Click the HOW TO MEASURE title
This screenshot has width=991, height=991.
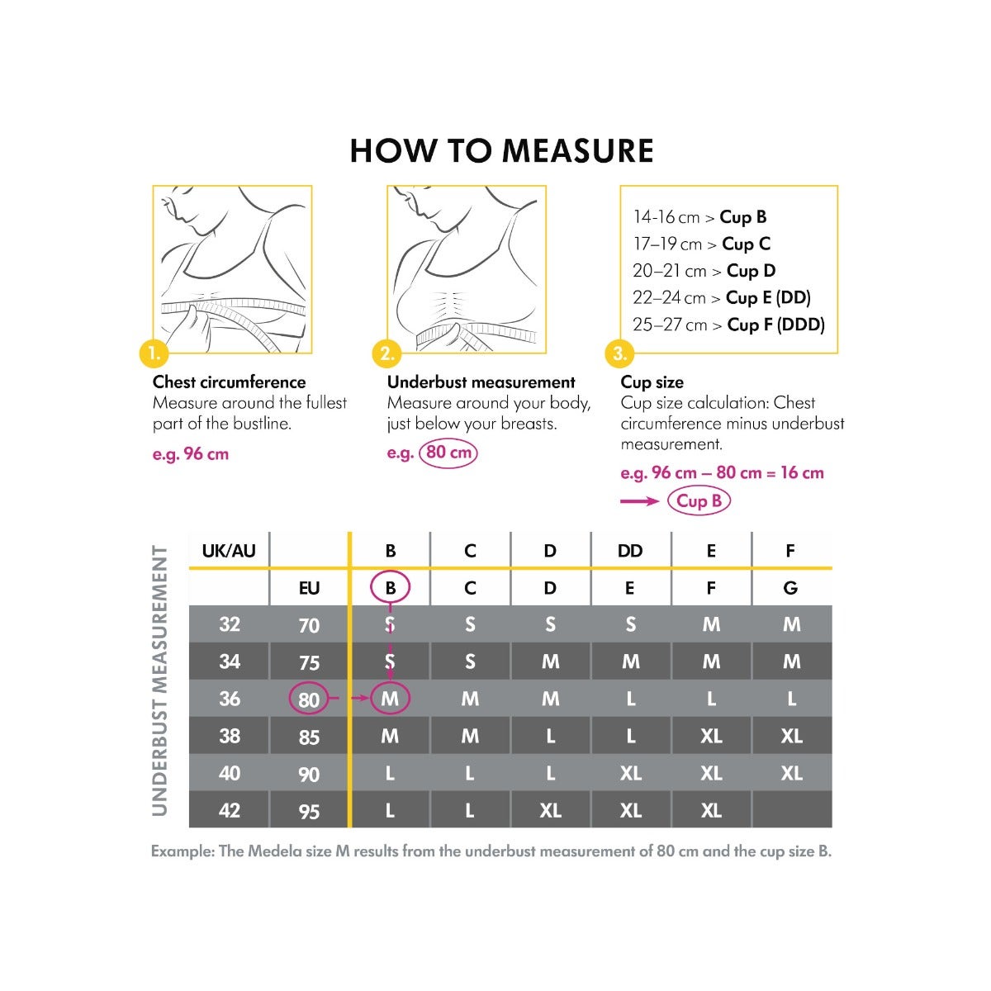501,151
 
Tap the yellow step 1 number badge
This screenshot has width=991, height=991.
154,354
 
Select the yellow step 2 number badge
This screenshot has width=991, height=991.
387,354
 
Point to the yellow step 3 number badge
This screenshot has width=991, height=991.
620,354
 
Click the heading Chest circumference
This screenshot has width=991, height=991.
229,382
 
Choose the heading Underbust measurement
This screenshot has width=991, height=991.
481,382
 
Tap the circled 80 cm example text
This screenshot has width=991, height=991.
448,453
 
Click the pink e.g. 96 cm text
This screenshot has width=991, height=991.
191,454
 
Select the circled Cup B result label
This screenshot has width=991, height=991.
699,501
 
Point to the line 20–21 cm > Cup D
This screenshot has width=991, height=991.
704,271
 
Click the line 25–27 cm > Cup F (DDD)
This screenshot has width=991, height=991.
728,325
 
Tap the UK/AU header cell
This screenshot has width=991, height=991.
229,551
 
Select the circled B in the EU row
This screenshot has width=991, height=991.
391,588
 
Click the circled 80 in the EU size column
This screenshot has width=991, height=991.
309,699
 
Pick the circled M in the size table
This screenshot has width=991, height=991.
390,699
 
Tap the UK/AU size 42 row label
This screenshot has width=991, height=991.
230,810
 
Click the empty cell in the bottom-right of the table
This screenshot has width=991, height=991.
791,810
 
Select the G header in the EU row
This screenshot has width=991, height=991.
790,588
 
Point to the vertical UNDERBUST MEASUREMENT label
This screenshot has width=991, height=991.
160,680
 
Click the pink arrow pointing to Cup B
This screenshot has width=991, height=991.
639,501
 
